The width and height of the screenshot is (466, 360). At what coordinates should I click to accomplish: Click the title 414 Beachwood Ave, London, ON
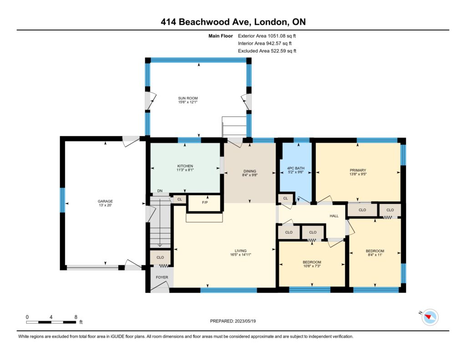click(x=233, y=22)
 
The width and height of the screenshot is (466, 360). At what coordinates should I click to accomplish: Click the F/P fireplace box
click(x=205, y=203)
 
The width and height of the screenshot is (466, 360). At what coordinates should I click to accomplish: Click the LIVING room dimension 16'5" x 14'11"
click(x=240, y=255)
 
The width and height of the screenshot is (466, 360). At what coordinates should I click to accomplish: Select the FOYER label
click(x=162, y=277)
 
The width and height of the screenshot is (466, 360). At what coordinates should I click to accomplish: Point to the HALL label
click(x=334, y=216)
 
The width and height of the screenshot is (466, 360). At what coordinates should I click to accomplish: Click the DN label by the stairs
click(x=160, y=191)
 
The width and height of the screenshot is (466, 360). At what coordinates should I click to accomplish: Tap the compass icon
click(x=430, y=317)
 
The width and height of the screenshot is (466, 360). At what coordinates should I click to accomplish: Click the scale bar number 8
click(x=76, y=317)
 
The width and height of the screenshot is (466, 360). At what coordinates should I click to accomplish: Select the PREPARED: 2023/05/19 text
click(x=233, y=321)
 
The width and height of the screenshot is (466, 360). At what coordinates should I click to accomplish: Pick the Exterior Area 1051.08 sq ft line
click(x=267, y=36)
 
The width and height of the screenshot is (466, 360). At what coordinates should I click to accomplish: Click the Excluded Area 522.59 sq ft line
click(x=267, y=51)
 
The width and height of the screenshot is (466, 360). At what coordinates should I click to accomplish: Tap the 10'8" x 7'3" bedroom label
click(x=312, y=266)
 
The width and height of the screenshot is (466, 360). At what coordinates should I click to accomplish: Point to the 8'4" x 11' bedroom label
click(x=375, y=255)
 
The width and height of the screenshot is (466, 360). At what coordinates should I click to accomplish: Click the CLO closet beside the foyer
click(x=160, y=258)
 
